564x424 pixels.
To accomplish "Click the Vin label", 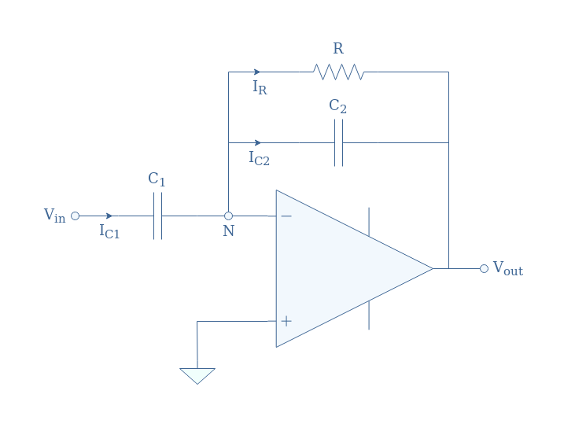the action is [x=55, y=216].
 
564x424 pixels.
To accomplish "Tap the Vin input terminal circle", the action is [x=76, y=216].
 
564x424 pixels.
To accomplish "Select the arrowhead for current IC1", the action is [x=109, y=216].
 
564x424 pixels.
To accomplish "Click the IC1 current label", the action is [x=109, y=231].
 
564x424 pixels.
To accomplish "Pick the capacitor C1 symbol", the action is [x=157, y=216].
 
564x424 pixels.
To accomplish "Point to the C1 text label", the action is [x=157, y=179].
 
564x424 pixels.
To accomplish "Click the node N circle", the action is [x=228, y=216].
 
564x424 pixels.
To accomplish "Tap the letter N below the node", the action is [x=229, y=231].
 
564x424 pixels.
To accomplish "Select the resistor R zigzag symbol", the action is [x=338, y=72].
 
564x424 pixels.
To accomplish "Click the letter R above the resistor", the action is [x=338, y=49].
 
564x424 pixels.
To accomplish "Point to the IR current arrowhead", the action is [x=256, y=72].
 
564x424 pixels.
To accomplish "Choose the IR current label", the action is [x=260, y=87].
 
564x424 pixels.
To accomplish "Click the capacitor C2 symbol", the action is [x=338, y=142].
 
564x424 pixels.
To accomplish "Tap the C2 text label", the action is [x=337, y=106].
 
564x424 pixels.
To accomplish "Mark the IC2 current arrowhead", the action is [x=257, y=142].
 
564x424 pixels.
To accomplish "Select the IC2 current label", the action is [x=260, y=158].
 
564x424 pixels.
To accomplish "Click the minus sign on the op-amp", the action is [x=286, y=216].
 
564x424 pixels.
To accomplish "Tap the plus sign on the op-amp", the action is [x=286, y=321].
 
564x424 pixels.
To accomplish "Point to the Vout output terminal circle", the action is [x=484, y=269].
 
